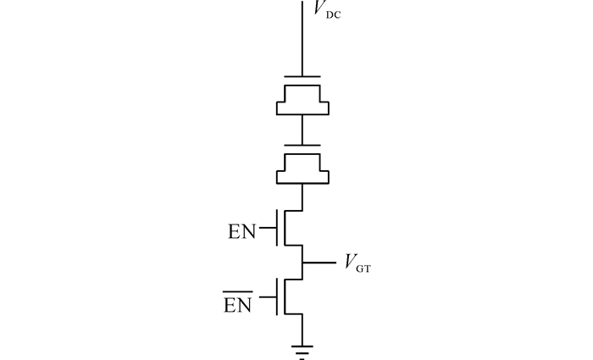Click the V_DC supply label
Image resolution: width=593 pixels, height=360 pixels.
(x=327, y=9)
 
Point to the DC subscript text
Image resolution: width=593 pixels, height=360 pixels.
(x=334, y=15)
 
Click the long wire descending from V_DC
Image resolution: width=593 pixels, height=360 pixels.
(x=302, y=38)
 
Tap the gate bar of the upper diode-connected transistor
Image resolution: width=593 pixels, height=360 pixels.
(x=302, y=77)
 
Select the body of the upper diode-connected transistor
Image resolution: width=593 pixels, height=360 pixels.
(x=302, y=100)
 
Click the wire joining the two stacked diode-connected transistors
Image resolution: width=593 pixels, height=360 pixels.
(x=302, y=130)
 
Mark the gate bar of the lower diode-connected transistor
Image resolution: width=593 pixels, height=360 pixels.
(x=302, y=145)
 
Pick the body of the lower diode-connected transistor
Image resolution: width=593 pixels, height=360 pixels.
(x=302, y=169)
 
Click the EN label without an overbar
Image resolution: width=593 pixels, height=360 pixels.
(x=242, y=231)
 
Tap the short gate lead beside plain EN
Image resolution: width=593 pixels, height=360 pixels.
(x=268, y=228)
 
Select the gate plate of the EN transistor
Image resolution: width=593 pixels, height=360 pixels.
(x=277, y=228)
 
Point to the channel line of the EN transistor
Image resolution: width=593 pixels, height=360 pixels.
(x=285, y=228)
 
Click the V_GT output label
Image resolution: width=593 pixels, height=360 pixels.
(x=357, y=263)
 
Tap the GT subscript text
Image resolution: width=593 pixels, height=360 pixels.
(x=363, y=269)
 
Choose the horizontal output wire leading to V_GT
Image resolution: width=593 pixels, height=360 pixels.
(x=319, y=262)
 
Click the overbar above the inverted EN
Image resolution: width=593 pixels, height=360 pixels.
(x=238, y=291)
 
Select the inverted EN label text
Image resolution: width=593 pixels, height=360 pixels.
(x=238, y=305)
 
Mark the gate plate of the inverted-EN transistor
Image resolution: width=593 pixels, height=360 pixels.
(x=277, y=296)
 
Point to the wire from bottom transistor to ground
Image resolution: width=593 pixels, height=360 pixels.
(x=302, y=330)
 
